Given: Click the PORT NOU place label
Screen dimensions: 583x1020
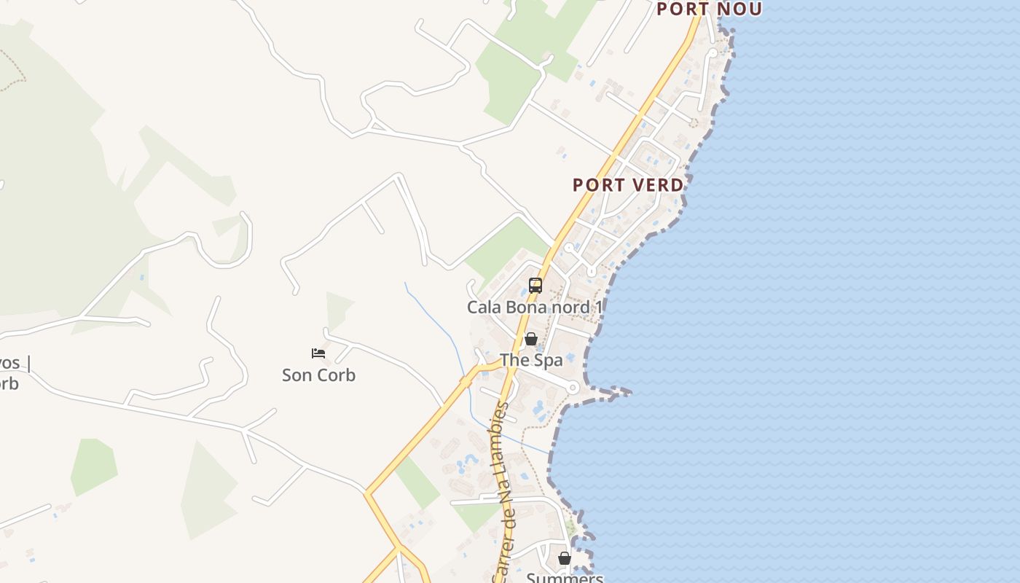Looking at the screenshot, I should coord(709,9).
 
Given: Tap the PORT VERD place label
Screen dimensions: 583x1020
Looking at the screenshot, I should coord(628,185).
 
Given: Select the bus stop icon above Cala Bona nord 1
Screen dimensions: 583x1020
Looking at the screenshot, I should coord(535,286).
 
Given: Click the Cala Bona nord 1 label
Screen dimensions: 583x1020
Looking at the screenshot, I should coord(535,307).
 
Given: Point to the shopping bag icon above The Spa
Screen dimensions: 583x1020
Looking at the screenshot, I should coord(531,339).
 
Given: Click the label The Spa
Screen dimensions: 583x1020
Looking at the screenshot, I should coord(531,360).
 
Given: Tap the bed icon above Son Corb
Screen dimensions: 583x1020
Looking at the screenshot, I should coord(318,353).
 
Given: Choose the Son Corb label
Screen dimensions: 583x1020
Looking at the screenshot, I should coord(318,375).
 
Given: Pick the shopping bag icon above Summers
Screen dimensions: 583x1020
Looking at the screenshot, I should coord(565,558).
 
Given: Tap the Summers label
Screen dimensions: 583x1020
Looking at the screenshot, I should coord(565,578).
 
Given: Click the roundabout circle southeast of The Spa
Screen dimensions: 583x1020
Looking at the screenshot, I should coord(573,388).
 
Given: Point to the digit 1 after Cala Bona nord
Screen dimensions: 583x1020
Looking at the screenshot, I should coord(599,307).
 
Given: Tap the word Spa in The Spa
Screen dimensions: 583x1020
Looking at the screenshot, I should coord(549,360).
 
